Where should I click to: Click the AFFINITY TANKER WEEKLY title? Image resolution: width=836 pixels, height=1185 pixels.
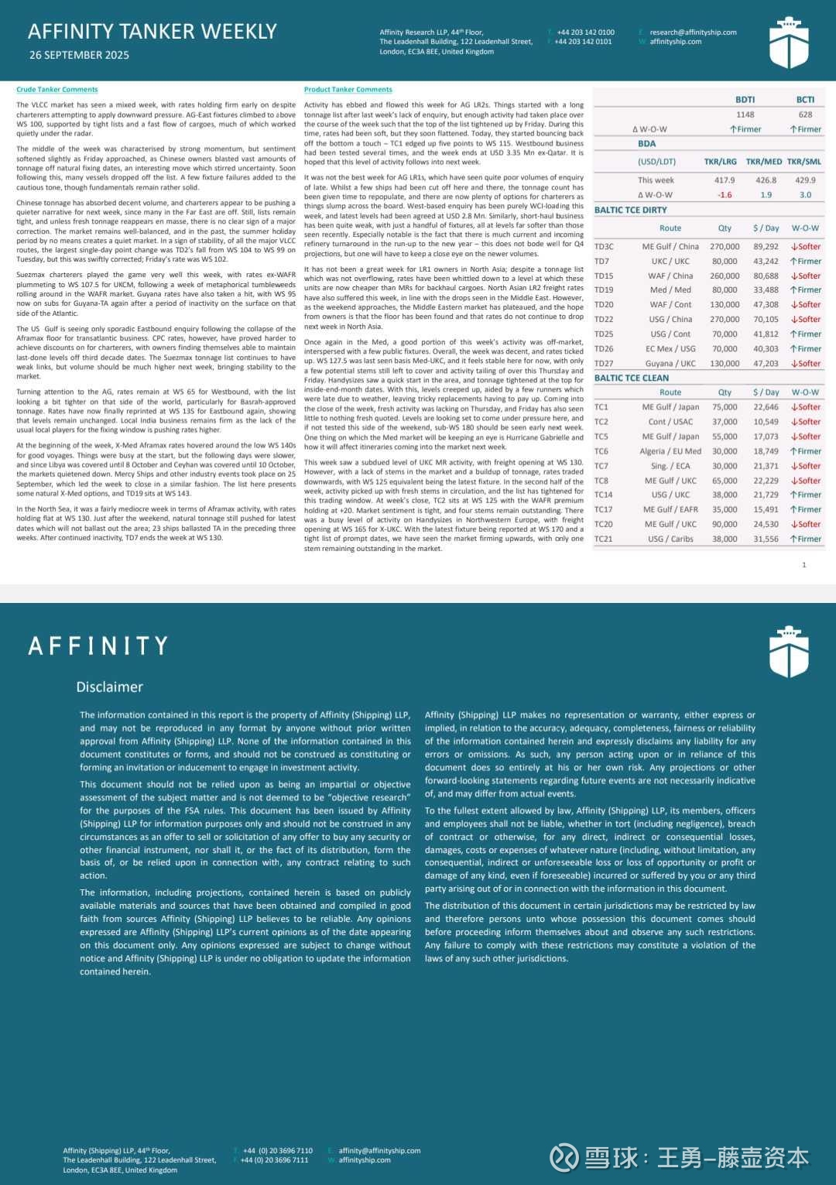point(152,32)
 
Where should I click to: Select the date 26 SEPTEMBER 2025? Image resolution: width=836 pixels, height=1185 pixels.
point(79,55)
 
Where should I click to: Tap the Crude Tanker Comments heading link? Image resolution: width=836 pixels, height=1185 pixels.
point(57,90)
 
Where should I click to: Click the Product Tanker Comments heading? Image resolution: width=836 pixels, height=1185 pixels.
point(348,90)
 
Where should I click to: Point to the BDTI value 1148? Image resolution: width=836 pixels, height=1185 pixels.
point(745,115)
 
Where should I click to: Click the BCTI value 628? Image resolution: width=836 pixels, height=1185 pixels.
point(805,115)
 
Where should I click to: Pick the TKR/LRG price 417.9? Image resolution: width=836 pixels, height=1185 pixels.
point(725,180)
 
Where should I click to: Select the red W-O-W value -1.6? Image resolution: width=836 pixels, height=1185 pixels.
point(725,195)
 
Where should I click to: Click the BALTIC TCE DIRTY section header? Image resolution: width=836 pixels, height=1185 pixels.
point(630,210)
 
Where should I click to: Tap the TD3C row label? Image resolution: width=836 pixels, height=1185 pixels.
point(604,247)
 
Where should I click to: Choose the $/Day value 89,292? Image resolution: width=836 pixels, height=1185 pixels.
point(766,247)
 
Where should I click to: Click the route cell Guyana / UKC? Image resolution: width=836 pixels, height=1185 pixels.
point(670,364)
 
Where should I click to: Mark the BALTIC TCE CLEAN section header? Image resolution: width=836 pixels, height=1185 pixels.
point(631,378)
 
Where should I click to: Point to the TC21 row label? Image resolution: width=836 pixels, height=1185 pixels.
point(603,539)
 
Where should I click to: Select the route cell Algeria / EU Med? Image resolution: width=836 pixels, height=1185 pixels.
point(670,451)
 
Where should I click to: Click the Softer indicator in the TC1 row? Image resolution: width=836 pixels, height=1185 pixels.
point(806,407)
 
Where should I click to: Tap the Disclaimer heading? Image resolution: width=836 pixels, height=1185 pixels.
point(109,687)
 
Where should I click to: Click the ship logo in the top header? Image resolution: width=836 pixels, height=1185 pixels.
point(788,43)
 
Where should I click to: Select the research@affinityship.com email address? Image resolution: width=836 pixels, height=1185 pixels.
point(693,33)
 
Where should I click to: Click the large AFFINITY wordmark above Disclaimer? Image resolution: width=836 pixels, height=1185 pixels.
point(98,646)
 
